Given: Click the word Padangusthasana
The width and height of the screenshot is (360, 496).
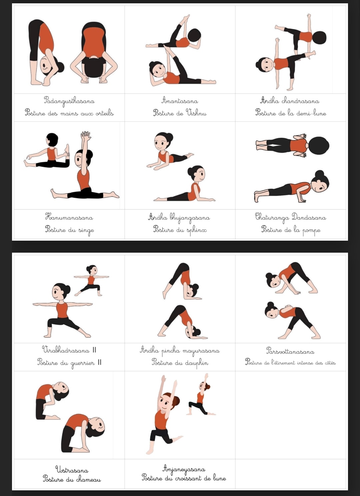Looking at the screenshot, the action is [x=69, y=101].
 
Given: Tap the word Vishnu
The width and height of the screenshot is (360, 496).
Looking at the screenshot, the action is [x=196, y=113].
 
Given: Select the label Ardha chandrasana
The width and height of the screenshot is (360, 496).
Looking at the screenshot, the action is [x=290, y=101].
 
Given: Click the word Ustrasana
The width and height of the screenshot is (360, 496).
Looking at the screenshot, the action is [x=72, y=470].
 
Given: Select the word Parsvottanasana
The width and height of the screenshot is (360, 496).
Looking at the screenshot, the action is [x=290, y=351].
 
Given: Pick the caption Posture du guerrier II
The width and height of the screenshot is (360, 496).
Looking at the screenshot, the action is [x=69, y=363].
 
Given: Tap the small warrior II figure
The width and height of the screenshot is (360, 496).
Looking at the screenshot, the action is [x=91, y=280].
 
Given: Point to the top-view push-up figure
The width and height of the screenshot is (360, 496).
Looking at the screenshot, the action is [x=292, y=145].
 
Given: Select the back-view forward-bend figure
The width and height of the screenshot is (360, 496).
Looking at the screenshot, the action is [x=94, y=53].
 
